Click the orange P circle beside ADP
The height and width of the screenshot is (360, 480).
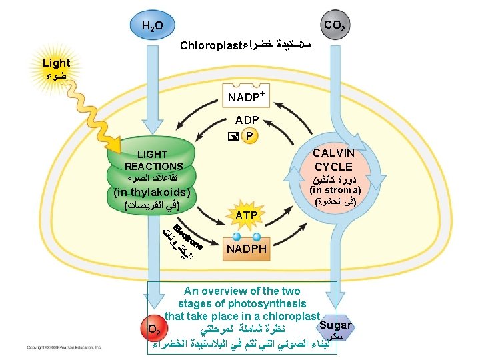coord(249,136)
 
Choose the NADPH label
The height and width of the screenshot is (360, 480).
coord(247,249)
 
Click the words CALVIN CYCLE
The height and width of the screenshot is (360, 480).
coord(334,159)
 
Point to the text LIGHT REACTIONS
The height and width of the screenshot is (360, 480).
coord(153,160)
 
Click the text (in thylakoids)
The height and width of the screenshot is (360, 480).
coord(153,193)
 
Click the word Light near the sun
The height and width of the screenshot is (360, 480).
coord(56,63)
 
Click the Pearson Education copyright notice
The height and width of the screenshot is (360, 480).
coord(64,347)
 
